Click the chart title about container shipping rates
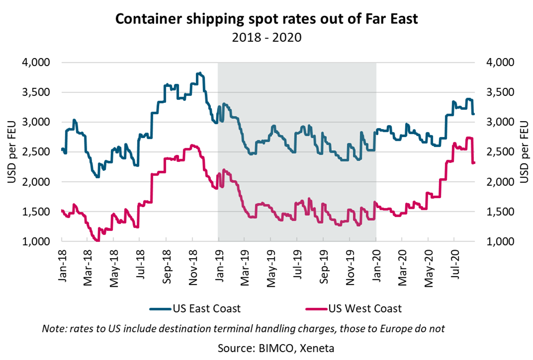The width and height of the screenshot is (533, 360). click(266, 19)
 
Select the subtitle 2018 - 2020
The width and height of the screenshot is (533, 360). click(266, 37)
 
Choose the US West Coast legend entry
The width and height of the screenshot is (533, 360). click(354, 308)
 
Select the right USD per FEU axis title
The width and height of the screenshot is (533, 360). click(524, 152)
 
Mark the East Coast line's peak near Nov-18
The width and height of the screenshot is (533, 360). click(200, 73)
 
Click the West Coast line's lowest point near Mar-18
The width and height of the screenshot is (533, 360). click(97, 240)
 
